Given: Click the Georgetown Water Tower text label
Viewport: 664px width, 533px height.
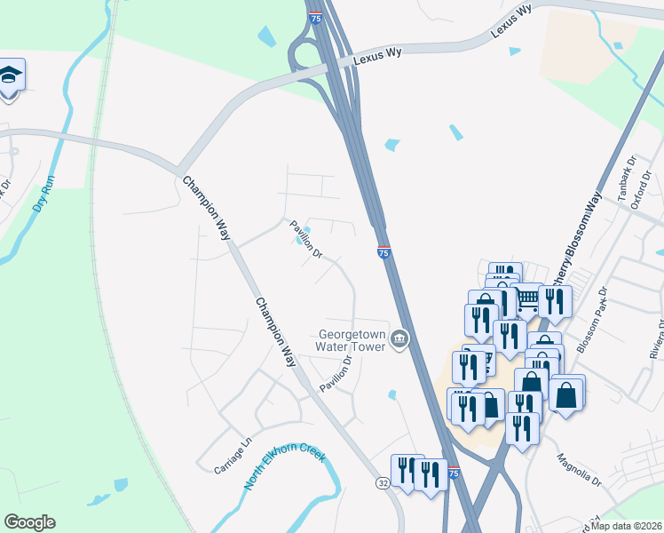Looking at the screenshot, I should pyautogui.click(x=352, y=341).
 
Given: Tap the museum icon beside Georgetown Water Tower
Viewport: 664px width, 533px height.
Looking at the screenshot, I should pyautogui.click(x=399, y=338).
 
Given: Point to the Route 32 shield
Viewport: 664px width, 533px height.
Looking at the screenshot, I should pyautogui.click(x=383, y=482).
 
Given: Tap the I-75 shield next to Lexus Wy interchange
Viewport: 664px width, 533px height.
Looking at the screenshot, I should pyautogui.click(x=315, y=17).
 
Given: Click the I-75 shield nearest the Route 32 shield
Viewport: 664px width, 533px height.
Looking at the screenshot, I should pyautogui.click(x=454, y=474).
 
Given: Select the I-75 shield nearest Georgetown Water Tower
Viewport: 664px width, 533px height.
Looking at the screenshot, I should pyautogui.click(x=383, y=253).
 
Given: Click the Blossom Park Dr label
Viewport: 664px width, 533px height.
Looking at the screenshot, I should pyautogui.click(x=591, y=320).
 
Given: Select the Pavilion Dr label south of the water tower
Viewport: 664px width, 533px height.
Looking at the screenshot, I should pyautogui.click(x=337, y=374).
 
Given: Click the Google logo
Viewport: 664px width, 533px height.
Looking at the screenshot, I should pyautogui.click(x=29, y=522).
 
